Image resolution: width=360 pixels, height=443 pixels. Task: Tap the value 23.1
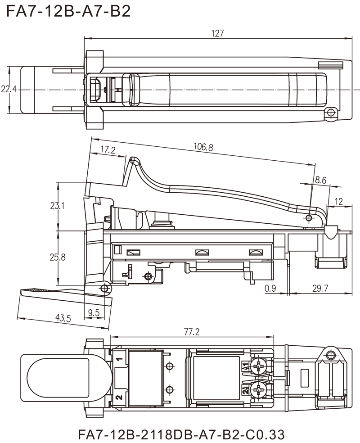point(58,207)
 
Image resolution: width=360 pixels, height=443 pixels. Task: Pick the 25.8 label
point(58,258)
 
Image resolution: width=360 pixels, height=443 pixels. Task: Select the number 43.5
point(63,319)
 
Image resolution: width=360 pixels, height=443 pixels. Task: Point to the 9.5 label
point(94,312)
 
